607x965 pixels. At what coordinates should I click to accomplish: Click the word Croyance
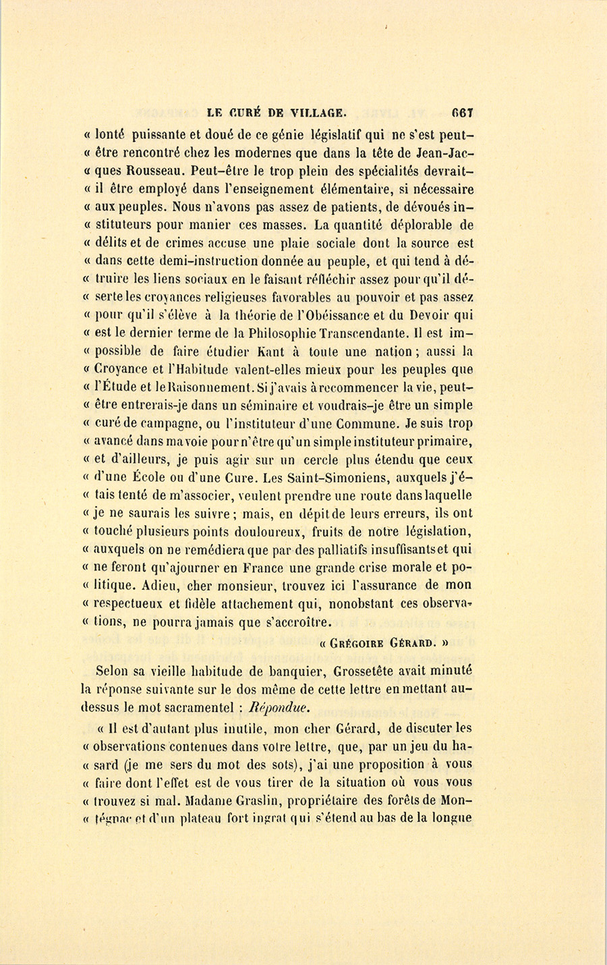point(129,370)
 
